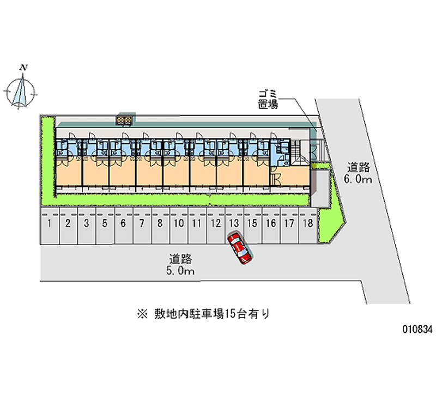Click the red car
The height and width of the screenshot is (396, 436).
[240, 249]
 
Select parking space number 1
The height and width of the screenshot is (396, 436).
[50, 223]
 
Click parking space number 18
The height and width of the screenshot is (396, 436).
[308, 223]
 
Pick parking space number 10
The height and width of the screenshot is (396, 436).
[178, 223]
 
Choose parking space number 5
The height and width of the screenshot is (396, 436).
[105, 223]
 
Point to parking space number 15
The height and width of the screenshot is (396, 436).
[252, 223]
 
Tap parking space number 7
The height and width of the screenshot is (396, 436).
[142, 223]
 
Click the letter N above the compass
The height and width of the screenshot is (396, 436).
[23, 68]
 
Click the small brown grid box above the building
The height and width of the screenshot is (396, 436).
[124, 119]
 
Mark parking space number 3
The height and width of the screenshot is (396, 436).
[86, 223]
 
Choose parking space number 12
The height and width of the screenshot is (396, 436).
[215, 223]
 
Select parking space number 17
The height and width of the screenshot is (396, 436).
[289, 223]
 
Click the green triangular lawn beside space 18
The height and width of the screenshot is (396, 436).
[330, 223]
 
